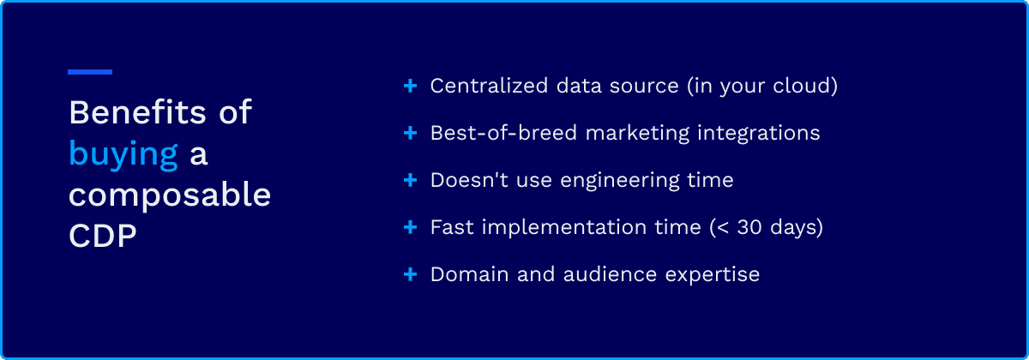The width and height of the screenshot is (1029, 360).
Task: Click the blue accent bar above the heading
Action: click(x=90, y=72)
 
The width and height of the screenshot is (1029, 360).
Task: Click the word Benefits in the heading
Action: click(x=138, y=112)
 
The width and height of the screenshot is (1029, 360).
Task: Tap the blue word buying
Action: click(x=123, y=155)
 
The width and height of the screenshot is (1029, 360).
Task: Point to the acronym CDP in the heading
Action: click(x=103, y=236)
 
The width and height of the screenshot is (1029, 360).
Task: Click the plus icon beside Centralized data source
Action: click(x=410, y=86)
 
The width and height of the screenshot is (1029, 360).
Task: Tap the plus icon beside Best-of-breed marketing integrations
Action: click(x=410, y=133)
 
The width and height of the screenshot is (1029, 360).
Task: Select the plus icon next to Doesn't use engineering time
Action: click(x=410, y=180)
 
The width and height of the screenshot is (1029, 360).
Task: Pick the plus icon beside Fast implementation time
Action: click(x=410, y=227)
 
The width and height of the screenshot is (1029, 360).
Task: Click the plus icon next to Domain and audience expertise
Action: click(x=410, y=274)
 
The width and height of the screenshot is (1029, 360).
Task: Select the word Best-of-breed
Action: click(x=503, y=133)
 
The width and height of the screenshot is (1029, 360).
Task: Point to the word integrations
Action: click(x=758, y=134)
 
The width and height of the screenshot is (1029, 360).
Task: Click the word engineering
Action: click(x=620, y=181)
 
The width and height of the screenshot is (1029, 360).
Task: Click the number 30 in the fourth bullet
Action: click(x=749, y=227)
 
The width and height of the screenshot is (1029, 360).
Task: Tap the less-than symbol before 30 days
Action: click(x=723, y=228)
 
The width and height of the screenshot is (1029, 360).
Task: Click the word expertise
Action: click(x=713, y=275)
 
